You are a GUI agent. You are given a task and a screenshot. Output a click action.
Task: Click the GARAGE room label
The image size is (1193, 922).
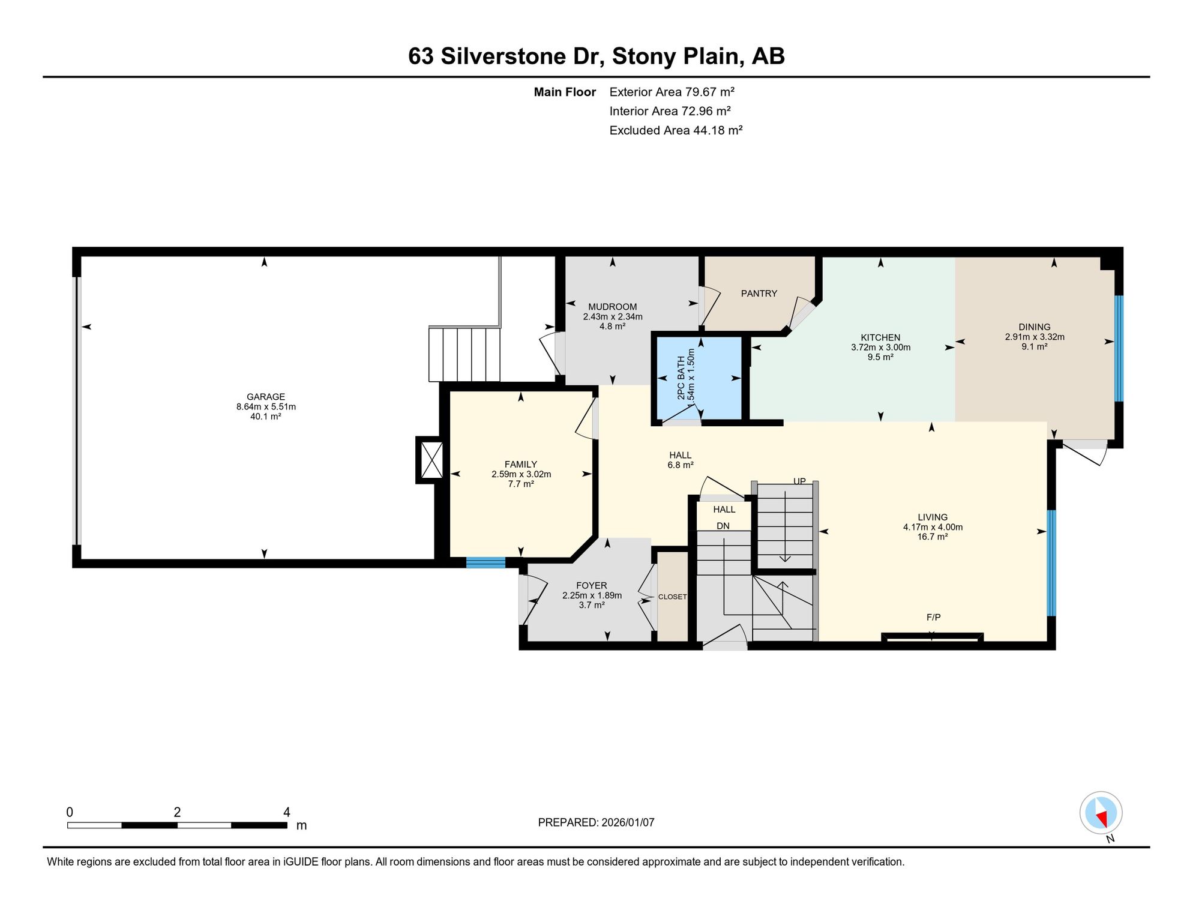(x=266, y=397)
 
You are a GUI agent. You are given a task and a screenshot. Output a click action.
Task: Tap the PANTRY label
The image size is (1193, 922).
(x=759, y=294)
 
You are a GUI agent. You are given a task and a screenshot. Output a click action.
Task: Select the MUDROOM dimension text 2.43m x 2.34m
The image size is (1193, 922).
(x=613, y=317)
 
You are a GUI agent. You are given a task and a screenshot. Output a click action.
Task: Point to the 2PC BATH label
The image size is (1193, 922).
(x=681, y=378)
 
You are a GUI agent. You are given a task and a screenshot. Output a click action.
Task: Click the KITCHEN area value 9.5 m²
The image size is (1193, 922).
(x=880, y=357)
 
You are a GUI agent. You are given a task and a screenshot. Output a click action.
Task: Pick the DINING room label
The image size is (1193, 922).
(x=1035, y=327)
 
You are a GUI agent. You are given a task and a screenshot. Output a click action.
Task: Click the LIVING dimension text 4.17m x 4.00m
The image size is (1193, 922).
(x=933, y=527)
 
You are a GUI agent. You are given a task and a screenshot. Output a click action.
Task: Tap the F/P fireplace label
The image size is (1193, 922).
(x=934, y=617)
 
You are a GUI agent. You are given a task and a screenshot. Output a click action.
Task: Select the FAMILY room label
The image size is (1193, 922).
(x=521, y=464)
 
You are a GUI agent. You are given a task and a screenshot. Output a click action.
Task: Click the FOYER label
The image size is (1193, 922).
(x=592, y=585)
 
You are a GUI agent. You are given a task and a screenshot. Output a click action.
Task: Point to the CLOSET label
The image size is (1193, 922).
(x=672, y=597)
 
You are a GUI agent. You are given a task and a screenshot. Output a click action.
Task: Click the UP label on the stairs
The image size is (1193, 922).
(x=800, y=481)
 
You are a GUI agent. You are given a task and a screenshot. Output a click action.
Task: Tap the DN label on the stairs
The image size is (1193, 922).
(x=723, y=526)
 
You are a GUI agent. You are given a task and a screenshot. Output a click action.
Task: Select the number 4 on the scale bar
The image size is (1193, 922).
(x=287, y=812)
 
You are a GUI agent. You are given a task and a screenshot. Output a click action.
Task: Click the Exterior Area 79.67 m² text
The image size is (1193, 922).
(x=672, y=92)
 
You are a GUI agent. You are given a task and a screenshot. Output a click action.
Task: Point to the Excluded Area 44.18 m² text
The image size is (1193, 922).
(x=676, y=130)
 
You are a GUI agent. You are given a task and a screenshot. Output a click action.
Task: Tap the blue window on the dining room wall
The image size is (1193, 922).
(x=1119, y=348)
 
